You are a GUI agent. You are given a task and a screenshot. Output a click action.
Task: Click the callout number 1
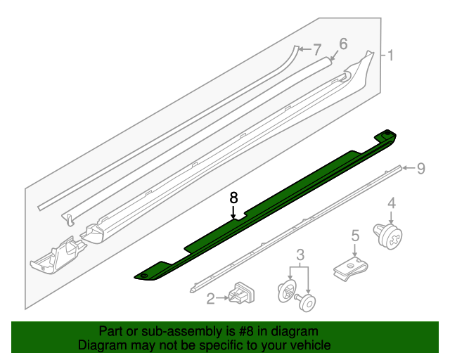pos(390,55)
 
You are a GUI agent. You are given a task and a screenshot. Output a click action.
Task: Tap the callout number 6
pos(343,44)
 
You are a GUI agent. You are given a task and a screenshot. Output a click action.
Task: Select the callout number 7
pos(317,50)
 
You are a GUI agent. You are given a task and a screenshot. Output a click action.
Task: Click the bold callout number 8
pos(234,198)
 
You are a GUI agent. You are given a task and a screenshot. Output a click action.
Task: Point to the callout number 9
pos(420,168)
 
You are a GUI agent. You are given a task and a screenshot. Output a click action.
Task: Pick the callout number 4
pos(392,203)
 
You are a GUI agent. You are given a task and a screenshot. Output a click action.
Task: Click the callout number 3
pos(300,255)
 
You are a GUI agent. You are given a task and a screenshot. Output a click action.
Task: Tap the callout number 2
pos(211,299)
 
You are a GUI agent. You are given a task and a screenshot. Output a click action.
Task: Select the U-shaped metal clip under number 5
pos(350,269)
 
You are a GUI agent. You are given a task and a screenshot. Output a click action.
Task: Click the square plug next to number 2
pos(241,293)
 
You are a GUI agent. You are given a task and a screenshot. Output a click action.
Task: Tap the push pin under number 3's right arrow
pos(306,302)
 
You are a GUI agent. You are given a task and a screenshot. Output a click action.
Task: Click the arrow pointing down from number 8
pos(233,213)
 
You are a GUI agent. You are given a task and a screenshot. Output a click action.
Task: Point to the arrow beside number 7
pos(305,49)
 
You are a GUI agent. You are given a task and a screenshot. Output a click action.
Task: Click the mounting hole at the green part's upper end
pos(387,133)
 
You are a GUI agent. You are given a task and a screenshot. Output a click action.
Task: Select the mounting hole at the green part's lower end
pos(143,276)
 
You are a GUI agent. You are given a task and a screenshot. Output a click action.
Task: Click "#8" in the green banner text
pos(246,331)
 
